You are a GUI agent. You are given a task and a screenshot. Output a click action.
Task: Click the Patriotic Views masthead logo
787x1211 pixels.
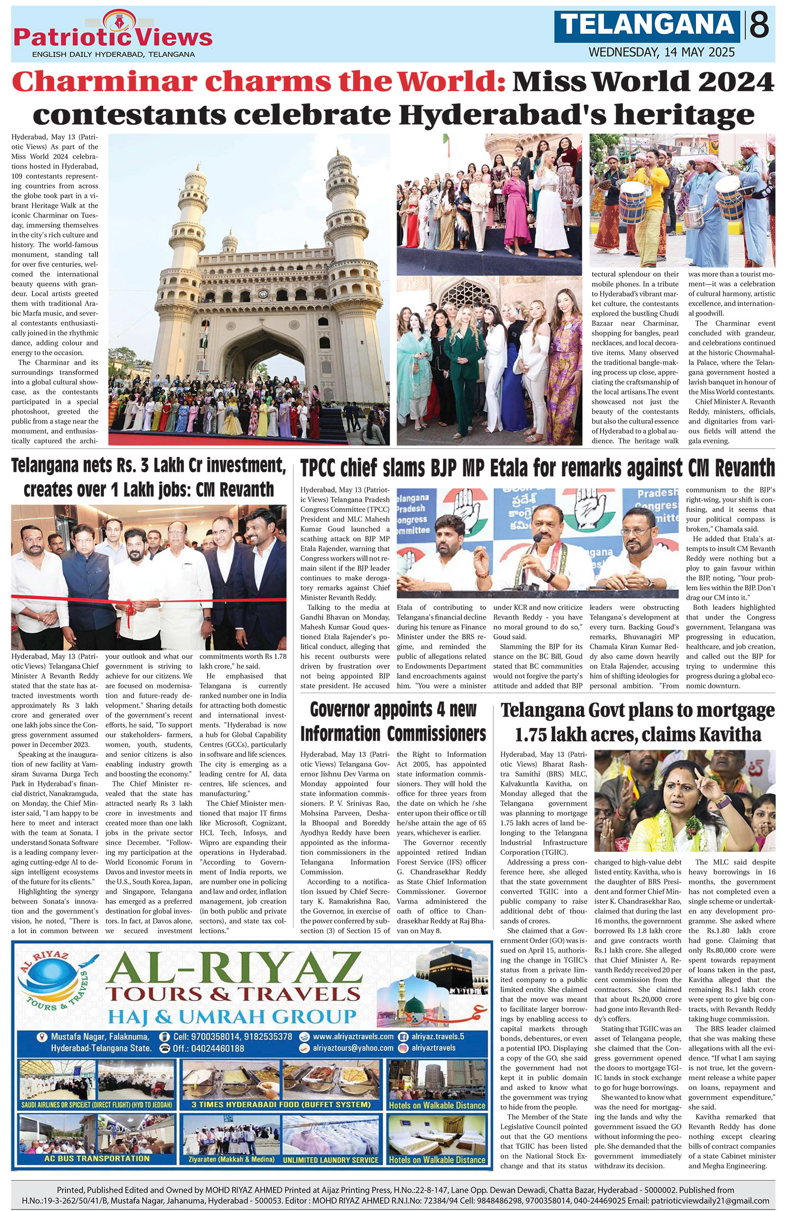click(x=113, y=35)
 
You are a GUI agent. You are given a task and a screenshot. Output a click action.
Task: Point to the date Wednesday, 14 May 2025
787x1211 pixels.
click(x=662, y=52)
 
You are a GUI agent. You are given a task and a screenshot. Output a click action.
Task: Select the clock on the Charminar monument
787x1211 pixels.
click(x=263, y=294)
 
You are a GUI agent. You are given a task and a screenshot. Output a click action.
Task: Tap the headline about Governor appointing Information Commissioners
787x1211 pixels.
click(x=393, y=722)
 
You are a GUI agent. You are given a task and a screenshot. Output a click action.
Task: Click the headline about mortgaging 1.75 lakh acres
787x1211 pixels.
click(x=637, y=723)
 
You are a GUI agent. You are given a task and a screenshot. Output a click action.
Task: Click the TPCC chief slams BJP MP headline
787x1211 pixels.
click(x=537, y=468)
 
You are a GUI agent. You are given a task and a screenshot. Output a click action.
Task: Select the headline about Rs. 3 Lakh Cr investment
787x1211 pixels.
click(x=149, y=477)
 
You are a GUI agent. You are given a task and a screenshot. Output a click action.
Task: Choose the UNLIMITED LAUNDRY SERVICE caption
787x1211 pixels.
click(x=331, y=1160)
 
